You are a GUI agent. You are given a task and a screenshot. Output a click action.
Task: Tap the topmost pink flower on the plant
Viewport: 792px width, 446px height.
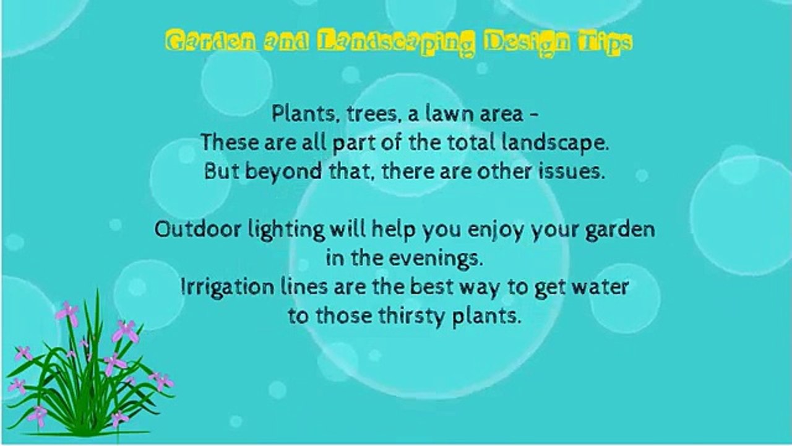pos(67,313)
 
